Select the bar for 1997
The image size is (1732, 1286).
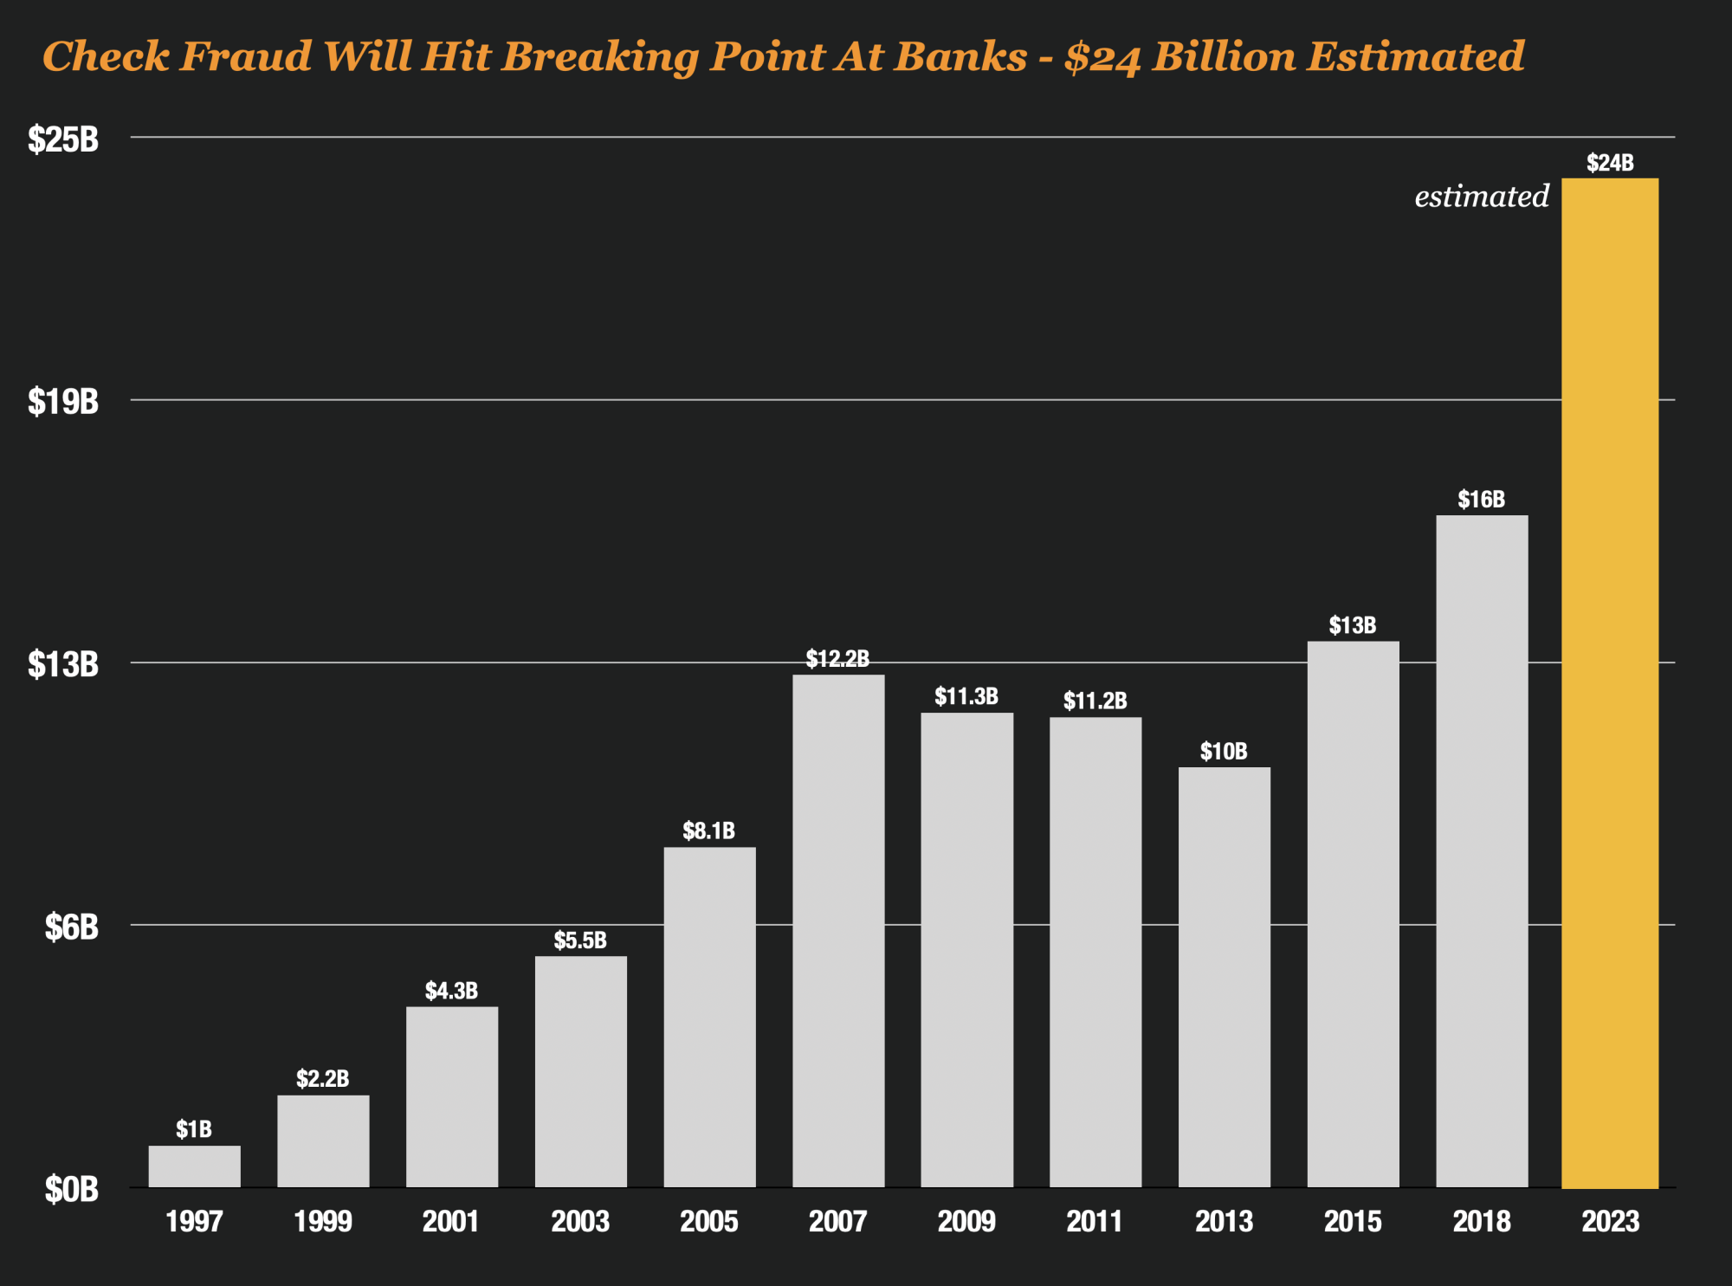click(194, 1166)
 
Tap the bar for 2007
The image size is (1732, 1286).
click(838, 931)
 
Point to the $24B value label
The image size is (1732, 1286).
click(1610, 163)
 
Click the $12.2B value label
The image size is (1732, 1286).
click(837, 659)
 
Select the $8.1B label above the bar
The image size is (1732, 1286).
click(708, 831)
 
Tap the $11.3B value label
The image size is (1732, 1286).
click(966, 696)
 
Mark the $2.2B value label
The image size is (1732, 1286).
click(322, 1078)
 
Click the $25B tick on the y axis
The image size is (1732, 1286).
click(63, 139)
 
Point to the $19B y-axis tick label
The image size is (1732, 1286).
click(63, 402)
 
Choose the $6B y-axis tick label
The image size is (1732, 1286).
click(72, 927)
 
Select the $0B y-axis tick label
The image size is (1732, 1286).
click(72, 1190)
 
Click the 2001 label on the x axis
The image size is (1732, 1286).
click(450, 1222)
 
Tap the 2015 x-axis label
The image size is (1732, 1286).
click(1353, 1222)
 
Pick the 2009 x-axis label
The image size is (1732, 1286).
click(966, 1222)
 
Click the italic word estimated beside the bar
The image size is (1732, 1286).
click(1482, 197)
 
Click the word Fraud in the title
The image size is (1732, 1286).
click(245, 56)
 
